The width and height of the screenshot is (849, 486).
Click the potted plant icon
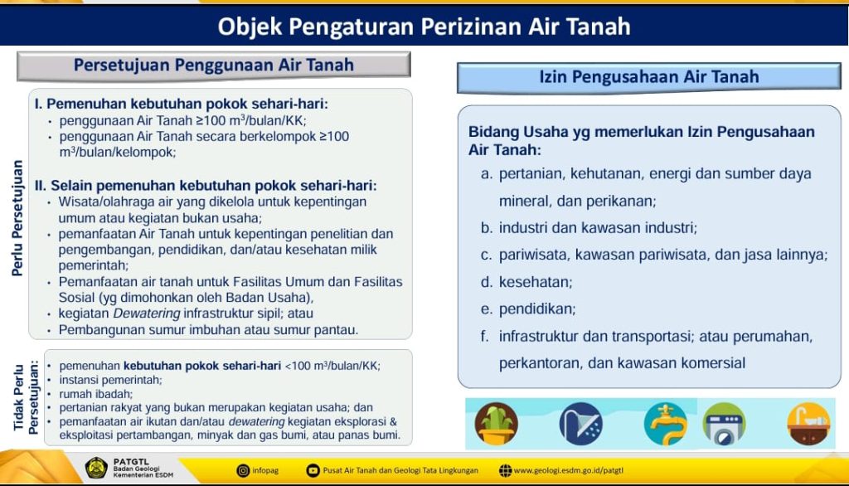(496, 425)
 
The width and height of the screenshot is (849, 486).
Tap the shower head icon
(580, 425)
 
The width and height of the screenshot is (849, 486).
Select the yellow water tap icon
(665, 425)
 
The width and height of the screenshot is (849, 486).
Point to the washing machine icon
(724, 425)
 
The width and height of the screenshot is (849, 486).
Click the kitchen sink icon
(808, 425)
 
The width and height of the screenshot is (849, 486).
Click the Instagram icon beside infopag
(244, 471)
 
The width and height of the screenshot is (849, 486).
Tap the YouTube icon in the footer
(313, 471)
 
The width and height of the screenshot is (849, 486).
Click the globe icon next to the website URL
(505, 471)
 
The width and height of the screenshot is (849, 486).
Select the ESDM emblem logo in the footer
(98, 469)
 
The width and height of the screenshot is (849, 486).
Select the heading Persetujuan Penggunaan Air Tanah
(214, 65)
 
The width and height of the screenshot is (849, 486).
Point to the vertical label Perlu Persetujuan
(17, 217)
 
